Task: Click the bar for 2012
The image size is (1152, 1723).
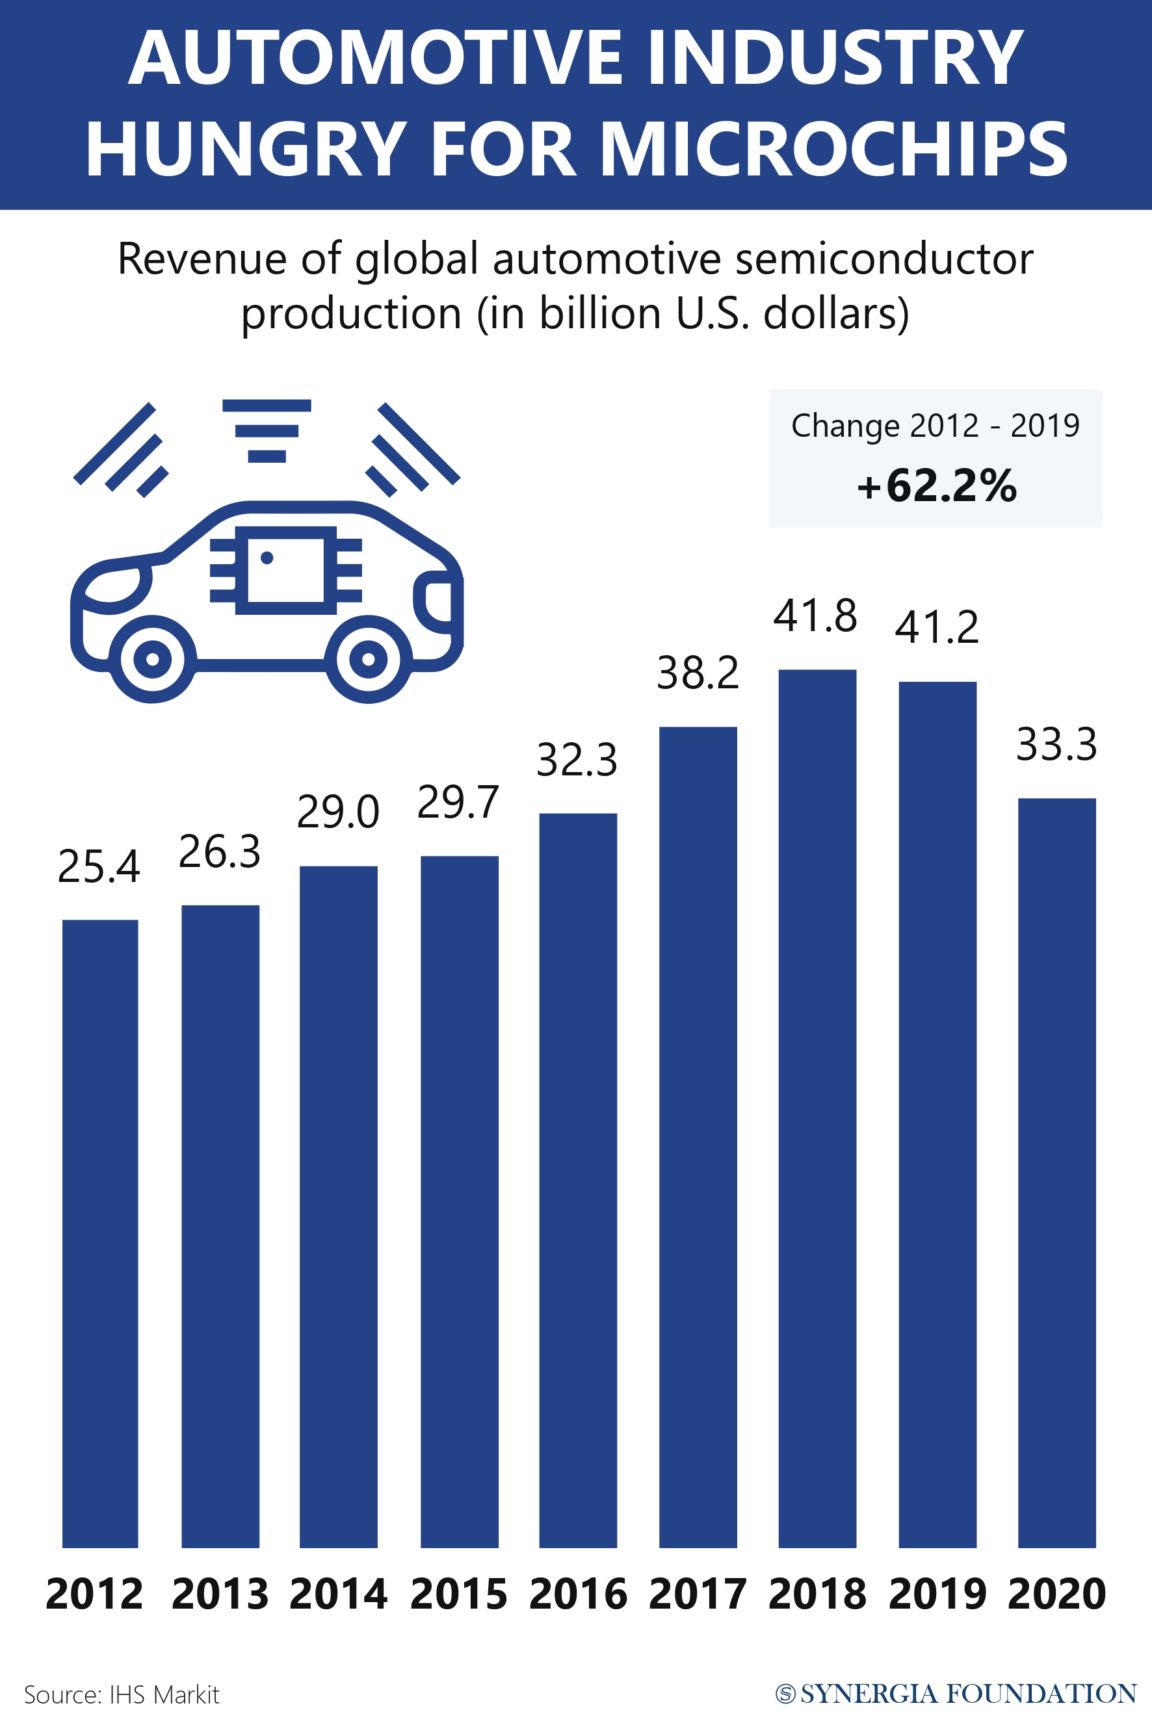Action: point(100,1234)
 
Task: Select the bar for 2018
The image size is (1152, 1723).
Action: point(817,1109)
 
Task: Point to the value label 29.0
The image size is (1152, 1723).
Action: point(338,812)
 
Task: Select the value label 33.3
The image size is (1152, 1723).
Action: point(1056,744)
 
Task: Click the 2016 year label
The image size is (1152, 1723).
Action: point(578,1594)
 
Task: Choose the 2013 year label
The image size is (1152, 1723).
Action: point(220,1594)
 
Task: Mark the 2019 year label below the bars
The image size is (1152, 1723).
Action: point(937,1594)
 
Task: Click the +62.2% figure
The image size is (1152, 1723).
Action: point(937,486)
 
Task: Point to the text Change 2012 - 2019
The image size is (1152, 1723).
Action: point(936,426)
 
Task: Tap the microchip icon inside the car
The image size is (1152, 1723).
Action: point(286,570)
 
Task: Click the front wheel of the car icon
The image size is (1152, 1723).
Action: point(153,659)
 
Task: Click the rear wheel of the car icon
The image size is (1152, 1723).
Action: point(368,659)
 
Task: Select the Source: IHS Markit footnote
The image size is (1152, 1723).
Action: point(122,1694)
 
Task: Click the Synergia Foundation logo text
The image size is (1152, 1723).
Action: point(956,1694)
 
